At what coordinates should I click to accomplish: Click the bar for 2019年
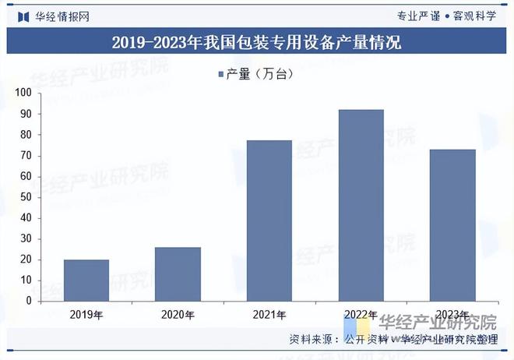tap(86, 280)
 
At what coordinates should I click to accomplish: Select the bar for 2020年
tap(178, 274)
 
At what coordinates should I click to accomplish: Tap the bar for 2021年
tap(269, 221)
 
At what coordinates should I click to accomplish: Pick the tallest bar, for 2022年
tap(361, 205)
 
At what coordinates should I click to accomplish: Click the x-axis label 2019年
tap(86, 315)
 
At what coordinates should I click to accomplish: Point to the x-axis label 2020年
tap(178, 315)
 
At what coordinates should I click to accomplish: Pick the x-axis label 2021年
tap(269, 315)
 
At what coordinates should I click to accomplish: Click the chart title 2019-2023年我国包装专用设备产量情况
tap(256, 43)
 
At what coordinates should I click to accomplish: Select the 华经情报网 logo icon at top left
tap(23, 16)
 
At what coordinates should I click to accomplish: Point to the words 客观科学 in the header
tap(474, 16)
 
